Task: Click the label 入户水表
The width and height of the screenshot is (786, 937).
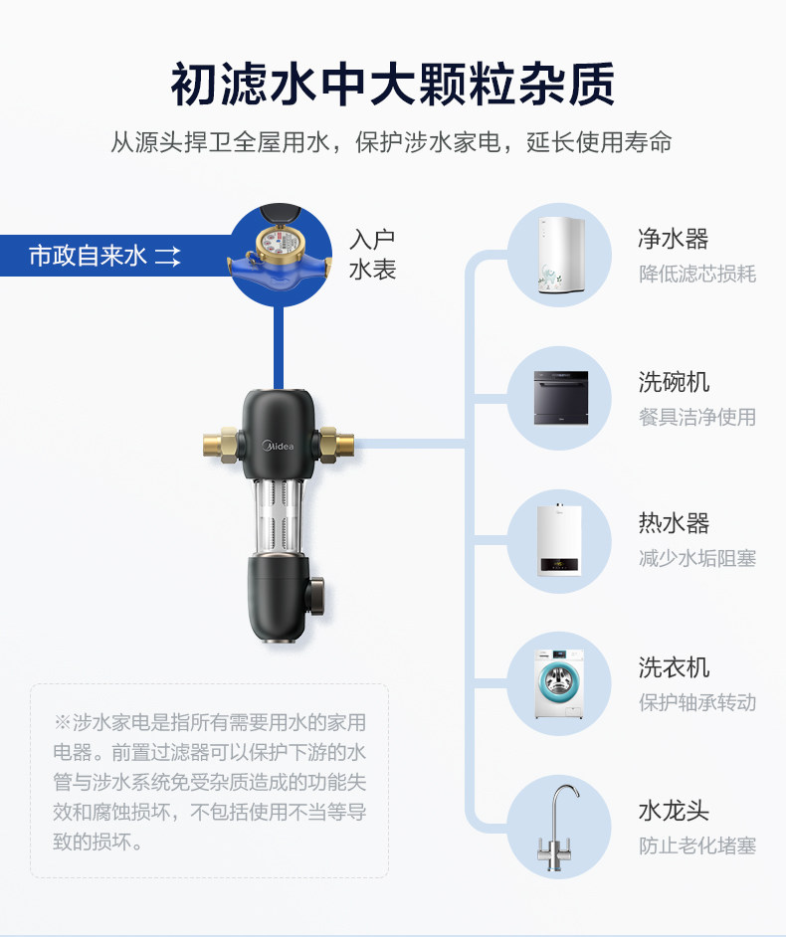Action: coord(372,255)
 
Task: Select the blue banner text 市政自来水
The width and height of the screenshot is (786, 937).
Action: coord(88,257)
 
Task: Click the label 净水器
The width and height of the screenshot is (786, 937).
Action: coord(674,240)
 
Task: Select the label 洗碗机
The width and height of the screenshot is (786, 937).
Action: coord(674,383)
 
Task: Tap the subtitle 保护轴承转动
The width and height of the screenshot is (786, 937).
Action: coord(696,702)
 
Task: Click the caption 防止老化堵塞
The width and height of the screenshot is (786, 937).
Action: coord(696,845)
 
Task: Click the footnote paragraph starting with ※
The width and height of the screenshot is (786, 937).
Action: coord(210,782)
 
